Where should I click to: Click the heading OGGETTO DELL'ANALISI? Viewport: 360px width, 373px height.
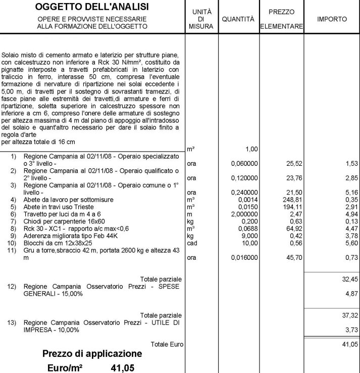tap(92, 7)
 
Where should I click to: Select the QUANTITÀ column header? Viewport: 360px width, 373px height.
tap(238, 19)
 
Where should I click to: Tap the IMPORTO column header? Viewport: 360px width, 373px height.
tap(332, 19)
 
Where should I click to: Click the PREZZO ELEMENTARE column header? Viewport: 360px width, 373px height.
tap(281, 19)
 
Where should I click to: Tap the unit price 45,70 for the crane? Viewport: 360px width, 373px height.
tap(296, 258)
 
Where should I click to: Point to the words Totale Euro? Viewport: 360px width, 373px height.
tap(167, 344)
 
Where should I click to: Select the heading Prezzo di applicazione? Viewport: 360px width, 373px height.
tap(92, 353)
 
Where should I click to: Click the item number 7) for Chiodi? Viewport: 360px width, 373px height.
tap(14, 221)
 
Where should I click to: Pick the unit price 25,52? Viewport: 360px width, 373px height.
tap(296, 164)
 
